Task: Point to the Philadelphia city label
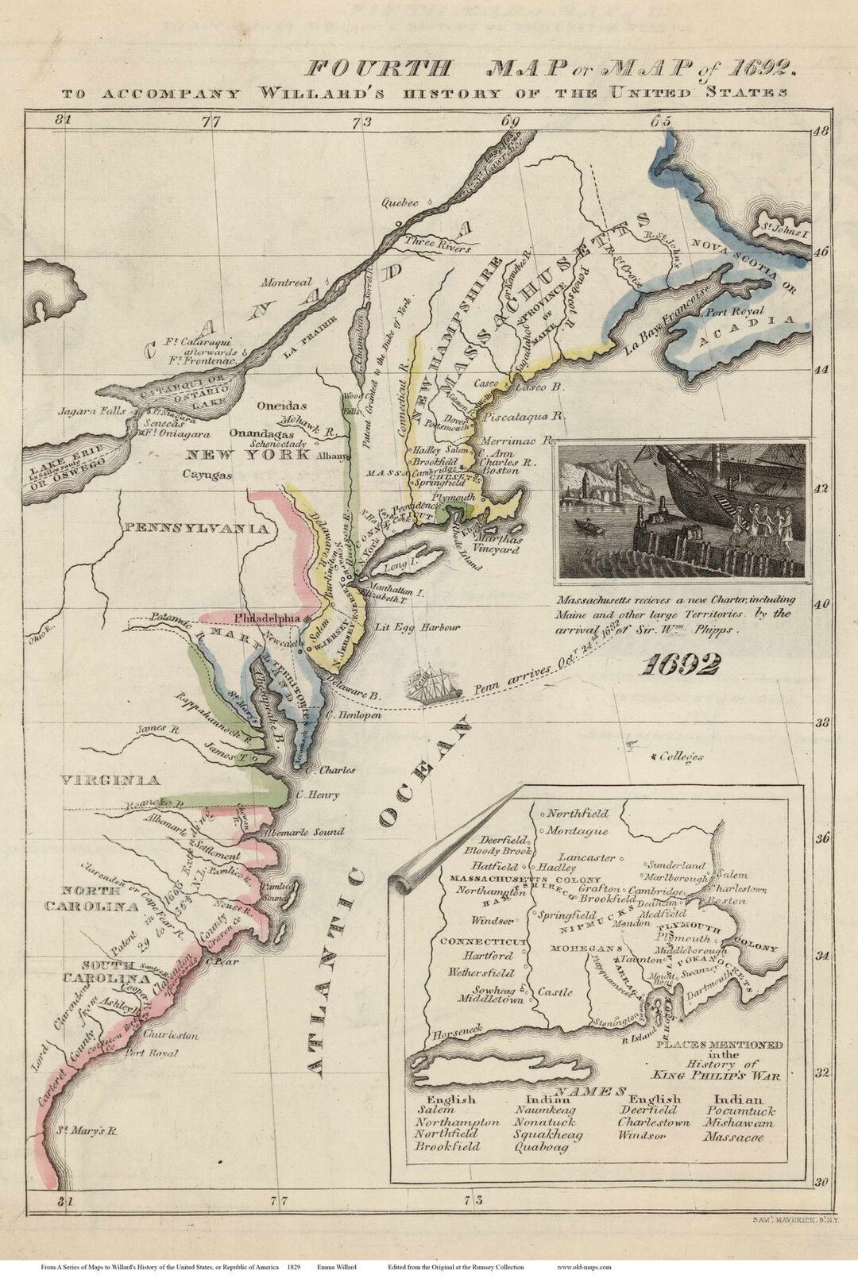coord(267,618)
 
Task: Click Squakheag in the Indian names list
coord(547,1134)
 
